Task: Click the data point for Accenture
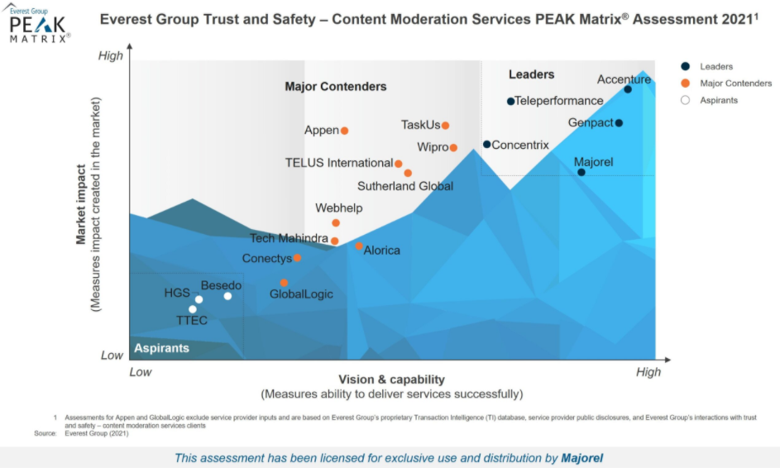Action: coord(628,89)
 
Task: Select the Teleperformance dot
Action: coord(510,102)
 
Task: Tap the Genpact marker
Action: coord(619,123)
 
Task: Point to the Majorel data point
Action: coord(581,172)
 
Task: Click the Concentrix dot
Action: coord(487,145)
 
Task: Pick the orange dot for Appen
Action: coord(345,131)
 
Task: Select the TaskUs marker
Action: coord(445,126)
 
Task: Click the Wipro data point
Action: coord(453,148)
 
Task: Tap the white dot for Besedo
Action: coord(227,296)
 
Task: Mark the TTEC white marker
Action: coord(193,309)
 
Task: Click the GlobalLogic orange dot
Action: coord(284,283)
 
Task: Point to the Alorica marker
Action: coord(358,246)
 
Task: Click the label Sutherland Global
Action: coord(405,186)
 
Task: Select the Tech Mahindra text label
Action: coord(289,239)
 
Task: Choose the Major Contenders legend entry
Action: coord(735,83)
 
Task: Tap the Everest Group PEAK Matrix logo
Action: coord(38,24)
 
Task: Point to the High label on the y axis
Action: coord(110,55)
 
